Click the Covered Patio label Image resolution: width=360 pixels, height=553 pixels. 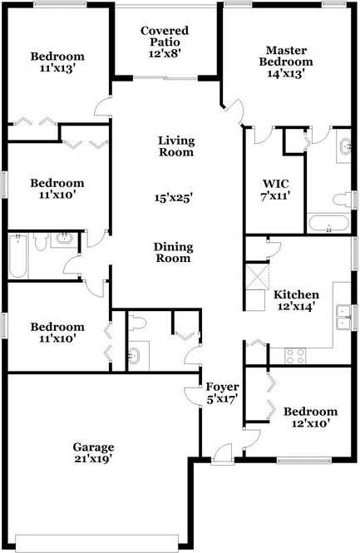[164, 36]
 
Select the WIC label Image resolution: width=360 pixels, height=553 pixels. [274, 184]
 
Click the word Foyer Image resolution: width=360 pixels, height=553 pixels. [223, 388]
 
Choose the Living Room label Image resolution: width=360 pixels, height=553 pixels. [175, 146]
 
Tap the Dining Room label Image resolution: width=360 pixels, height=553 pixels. [173, 252]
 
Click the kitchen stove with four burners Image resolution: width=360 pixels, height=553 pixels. [296, 355]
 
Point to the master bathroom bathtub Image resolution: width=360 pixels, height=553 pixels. [328, 224]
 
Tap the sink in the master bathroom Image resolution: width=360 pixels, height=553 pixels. [344, 150]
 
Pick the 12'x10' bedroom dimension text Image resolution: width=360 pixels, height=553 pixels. [310, 424]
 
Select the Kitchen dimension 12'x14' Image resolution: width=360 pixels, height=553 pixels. [296, 307]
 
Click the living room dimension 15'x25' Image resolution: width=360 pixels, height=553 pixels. [173, 198]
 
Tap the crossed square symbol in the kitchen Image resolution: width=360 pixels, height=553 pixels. [258, 274]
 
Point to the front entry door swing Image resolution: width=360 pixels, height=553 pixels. [220, 452]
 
